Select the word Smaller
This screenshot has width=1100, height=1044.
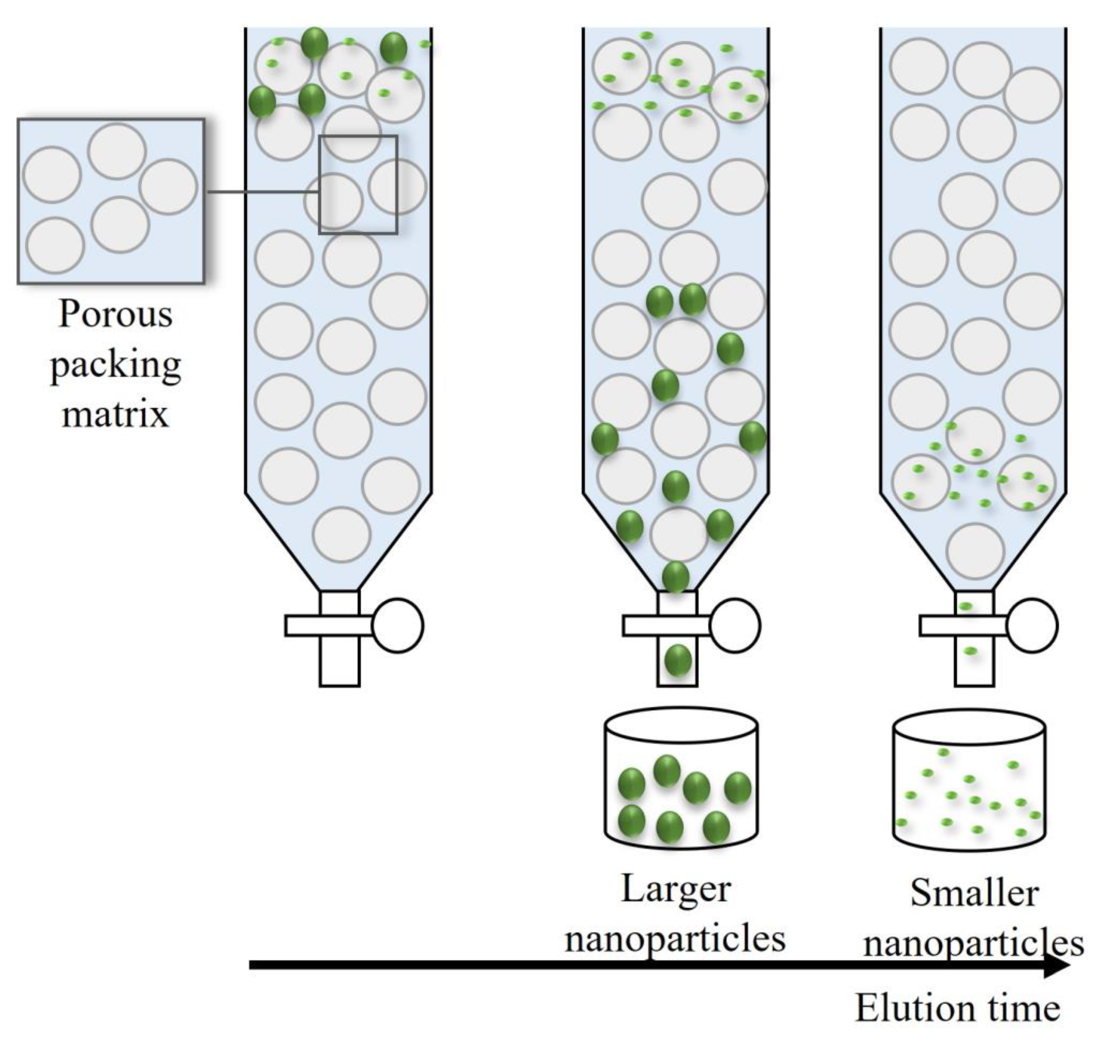(x=974, y=894)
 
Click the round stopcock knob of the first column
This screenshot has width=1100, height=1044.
(x=397, y=626)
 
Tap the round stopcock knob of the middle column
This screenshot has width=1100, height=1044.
(x=735, y=626)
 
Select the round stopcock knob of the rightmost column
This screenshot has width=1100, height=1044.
(x=1032, y=626)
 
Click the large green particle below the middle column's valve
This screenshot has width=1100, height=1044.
(x=678, y=661)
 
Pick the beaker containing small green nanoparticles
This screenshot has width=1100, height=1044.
(x=969, y=782)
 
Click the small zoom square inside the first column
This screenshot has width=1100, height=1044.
(x=358, y=185)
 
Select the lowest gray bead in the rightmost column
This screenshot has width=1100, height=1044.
(x=975, y=551)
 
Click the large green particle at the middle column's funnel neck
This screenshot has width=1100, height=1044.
(x=676, y=577)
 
